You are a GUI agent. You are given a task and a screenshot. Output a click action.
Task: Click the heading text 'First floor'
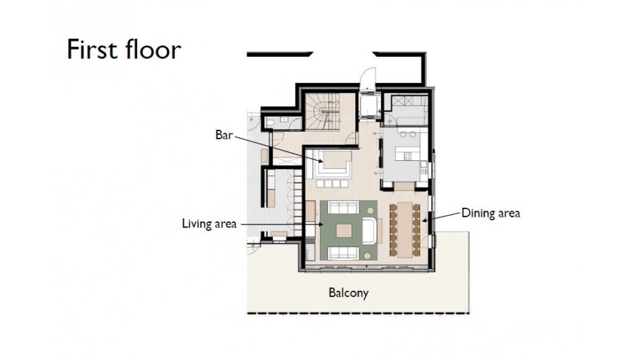click(124, 50)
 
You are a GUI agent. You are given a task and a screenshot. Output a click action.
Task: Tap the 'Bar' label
click(223, 135)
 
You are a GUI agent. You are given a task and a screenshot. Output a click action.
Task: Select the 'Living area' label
click(208, 223)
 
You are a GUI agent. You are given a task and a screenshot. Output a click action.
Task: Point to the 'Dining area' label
click(490, 213)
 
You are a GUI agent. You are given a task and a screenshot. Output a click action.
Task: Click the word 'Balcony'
click(348, 293)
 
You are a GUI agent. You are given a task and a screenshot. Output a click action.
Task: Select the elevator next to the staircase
click(369, 105)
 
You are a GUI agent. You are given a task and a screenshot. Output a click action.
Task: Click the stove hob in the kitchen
click(409, 156)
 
